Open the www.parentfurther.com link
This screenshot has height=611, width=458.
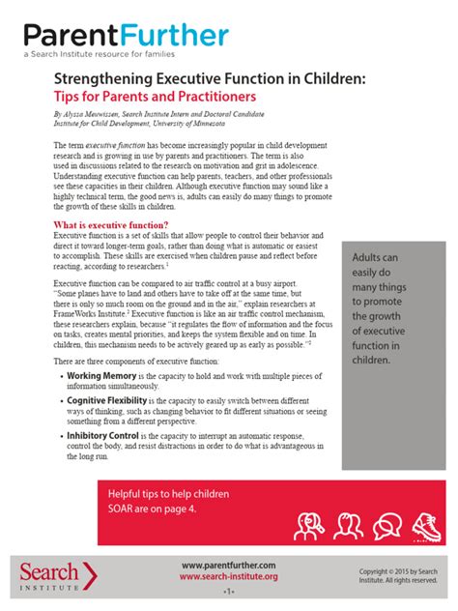[228, 565]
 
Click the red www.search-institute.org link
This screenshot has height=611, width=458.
[228, 576]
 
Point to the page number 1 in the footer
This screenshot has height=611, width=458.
[229, 590]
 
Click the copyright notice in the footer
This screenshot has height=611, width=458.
[397, 575]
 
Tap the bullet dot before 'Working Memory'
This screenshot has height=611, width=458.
[59, 374]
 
